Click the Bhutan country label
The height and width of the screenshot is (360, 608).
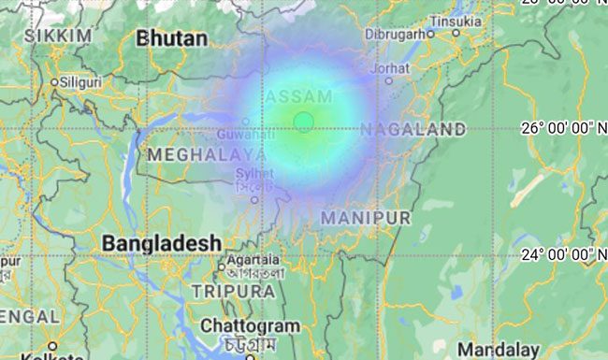pyautogui.click(x=171, y=38)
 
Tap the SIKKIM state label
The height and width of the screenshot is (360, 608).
pyautogui.click(x=60, y=36)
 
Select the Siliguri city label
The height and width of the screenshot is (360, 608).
pyautogui.click(x=80, y=82)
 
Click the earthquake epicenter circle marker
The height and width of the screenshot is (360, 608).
pyautogui.click(x=303, y=121)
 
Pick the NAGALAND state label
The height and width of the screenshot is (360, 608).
pyautogui.click(x=413, y=129)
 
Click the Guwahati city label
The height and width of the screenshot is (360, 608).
pyautogui.click(x=243, y=135)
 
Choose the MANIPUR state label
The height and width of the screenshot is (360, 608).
pyautogui.click(x=366, y=218)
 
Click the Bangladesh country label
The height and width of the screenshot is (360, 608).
pyautogui.click(x=162, y=243)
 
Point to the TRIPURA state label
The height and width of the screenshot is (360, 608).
pyautogui.click(x=234, y=292)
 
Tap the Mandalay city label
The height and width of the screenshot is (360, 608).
pyautogui.click(x=499, y=349)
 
